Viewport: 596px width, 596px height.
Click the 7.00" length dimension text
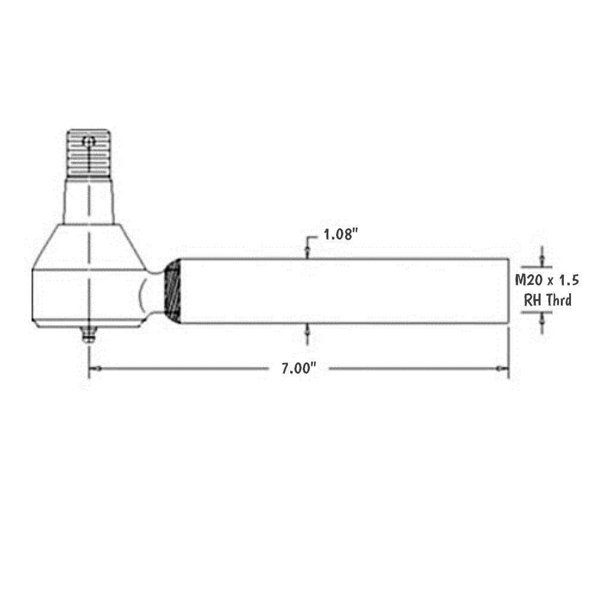298,369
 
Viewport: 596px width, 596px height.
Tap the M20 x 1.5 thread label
547,280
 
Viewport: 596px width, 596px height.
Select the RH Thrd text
547,300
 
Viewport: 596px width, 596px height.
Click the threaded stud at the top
88,153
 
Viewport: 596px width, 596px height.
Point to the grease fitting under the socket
89,336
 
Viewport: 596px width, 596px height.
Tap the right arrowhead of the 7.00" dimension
502,369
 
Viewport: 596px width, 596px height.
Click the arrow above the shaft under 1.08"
308,250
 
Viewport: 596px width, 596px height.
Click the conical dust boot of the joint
89,247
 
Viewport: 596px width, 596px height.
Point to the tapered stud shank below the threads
89,201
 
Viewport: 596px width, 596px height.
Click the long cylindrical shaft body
343,291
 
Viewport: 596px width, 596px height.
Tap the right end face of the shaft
508,291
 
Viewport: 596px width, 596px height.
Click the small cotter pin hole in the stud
89,142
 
